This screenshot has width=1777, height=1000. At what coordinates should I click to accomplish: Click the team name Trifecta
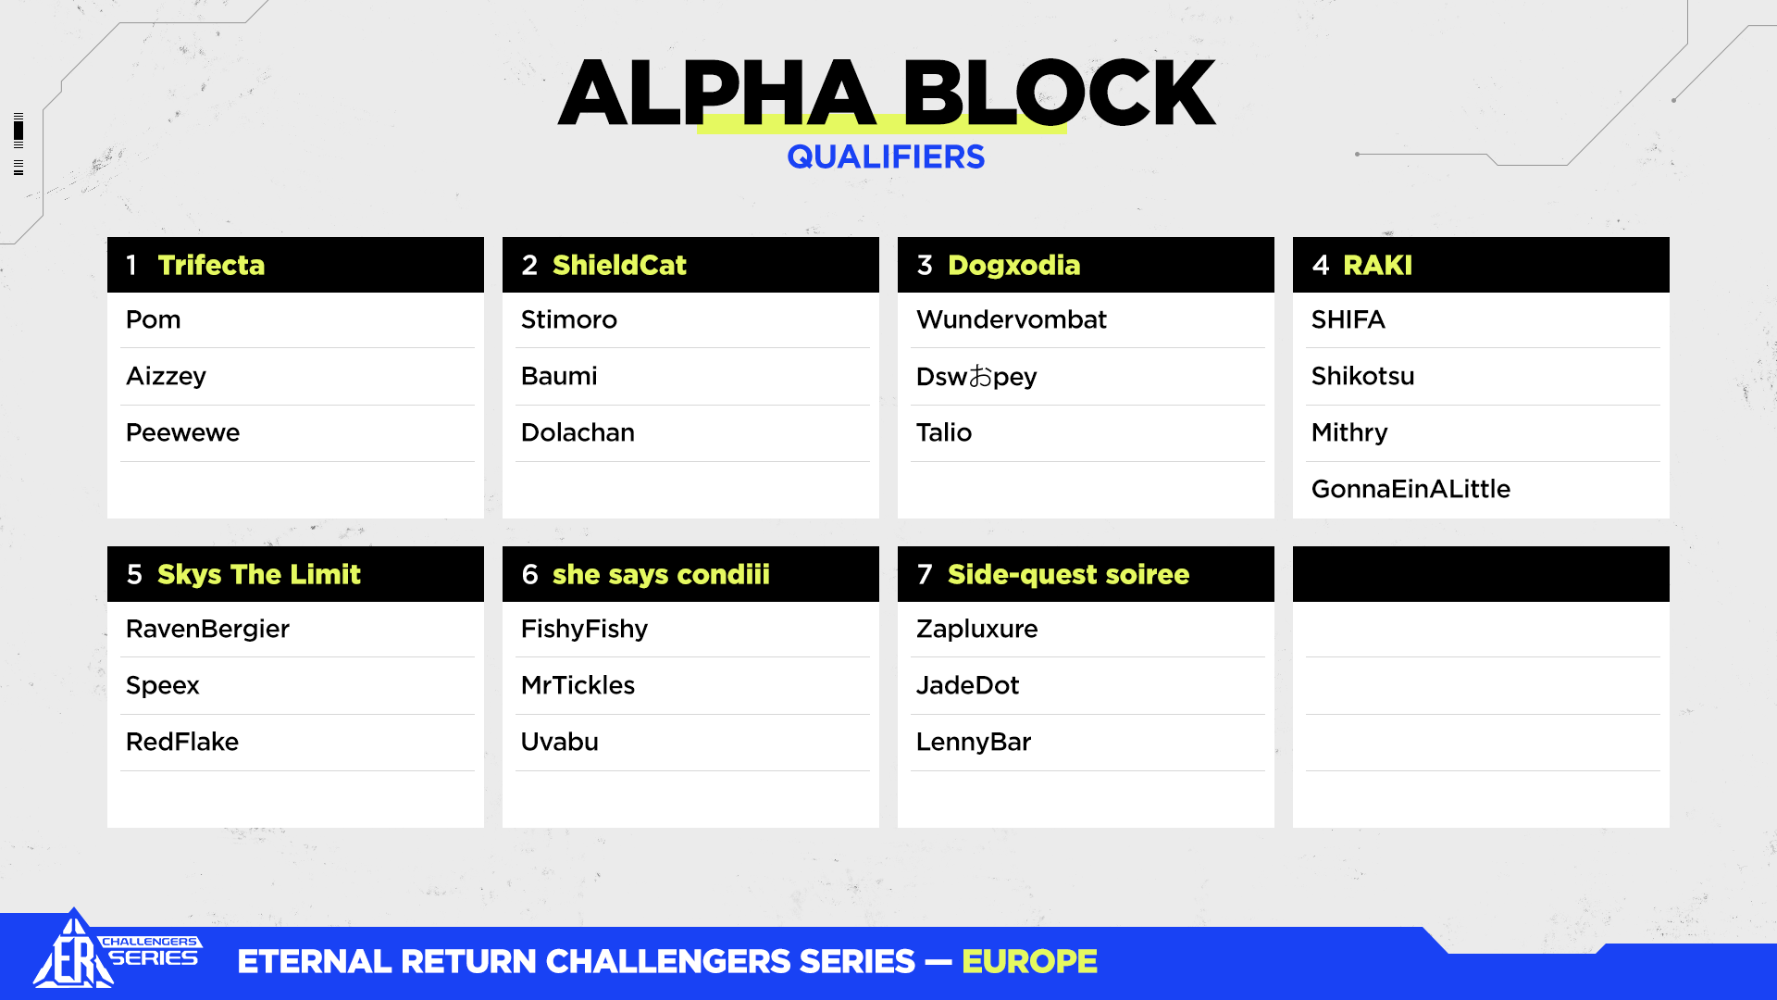coord(211,265)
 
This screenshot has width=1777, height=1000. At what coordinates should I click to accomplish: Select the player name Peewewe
coord(182,432)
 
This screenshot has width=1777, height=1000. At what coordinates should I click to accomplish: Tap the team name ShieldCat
coord(619,265)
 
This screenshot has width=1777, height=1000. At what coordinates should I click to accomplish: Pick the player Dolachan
coord(578,432)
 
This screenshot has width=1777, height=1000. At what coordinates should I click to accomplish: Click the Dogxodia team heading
coord(1013,266)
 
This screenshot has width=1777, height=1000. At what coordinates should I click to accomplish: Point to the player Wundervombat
coord(1011,319)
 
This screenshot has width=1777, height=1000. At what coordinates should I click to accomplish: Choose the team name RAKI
coord(1377,265)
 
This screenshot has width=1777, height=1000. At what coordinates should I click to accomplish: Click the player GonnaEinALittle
coord(1410,489)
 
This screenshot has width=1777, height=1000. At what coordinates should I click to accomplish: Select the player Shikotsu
coord(1362,376)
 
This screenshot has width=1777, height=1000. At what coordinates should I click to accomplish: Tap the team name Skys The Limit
coord(258,575)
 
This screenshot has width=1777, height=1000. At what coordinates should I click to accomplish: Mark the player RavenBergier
coord(207,630)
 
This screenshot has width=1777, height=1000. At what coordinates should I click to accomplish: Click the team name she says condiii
coord(661,575)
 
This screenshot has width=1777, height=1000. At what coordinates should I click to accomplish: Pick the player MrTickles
coord(578,685)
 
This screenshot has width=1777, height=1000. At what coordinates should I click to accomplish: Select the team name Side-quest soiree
coord(1068,575)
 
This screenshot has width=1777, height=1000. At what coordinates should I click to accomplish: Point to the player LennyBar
coord(973,742)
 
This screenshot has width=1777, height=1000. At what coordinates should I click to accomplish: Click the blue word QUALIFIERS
coord(886,157)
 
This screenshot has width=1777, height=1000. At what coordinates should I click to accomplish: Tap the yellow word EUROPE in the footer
coord(1029,962)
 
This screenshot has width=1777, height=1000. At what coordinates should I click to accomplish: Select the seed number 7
coord(925,574)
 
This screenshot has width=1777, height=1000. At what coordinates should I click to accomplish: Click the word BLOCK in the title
coord(1059,93)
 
